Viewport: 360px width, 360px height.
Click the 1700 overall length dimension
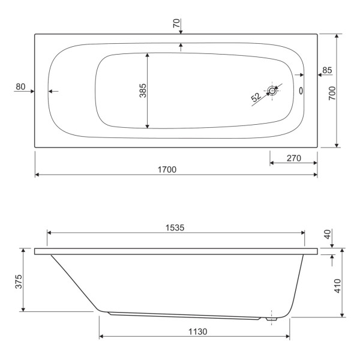[x=167, y=170]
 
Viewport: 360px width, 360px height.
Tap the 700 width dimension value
[x=331, y=92]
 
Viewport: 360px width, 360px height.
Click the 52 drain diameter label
[x=256, y=97]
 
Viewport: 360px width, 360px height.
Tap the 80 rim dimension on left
[x=20, y=87]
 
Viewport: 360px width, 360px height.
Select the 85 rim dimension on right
[x=326, y=71]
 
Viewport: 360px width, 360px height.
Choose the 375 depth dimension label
[x=18, y=280]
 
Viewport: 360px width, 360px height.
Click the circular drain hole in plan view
[x=273, y=91]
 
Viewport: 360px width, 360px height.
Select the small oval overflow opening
[x=300, y=91]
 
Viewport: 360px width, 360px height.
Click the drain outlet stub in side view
[x=271, y=319]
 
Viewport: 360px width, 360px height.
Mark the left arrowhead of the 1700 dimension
[x=37, y=175]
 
